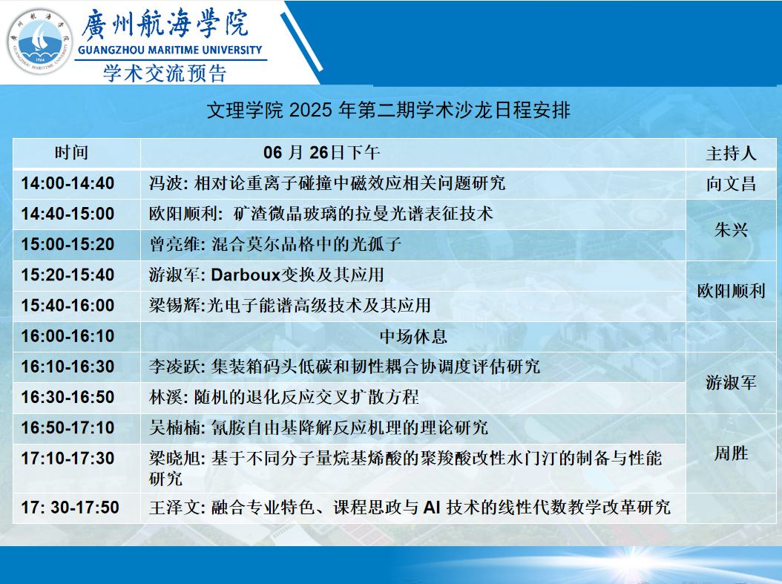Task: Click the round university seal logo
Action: [40, 42]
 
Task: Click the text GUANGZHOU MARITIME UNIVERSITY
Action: [170, 50]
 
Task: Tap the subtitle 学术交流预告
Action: [165, 73]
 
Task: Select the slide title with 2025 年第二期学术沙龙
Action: [389, 110]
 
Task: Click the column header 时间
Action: [71, 153]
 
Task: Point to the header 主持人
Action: [731, 153]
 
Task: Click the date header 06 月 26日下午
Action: [322, 153]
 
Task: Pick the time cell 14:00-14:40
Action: [68, 183]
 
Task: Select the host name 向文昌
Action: [731, 184]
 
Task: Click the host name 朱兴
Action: [731, 230]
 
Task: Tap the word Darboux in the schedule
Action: [246, 275]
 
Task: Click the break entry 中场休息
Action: [413, 336]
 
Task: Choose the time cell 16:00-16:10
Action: [68, 336]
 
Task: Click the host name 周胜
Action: [731, 453]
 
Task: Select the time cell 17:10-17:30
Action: [68, 459]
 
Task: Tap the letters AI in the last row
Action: [432, 508]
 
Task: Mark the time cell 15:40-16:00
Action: [68, 305]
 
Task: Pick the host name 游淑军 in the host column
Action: [731, 382]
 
